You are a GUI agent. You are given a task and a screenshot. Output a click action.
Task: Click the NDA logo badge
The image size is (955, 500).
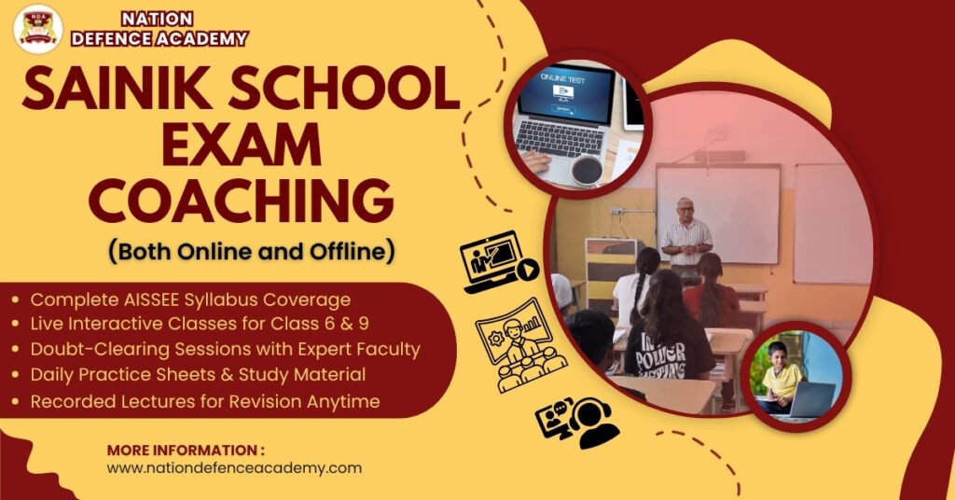click(37, 28)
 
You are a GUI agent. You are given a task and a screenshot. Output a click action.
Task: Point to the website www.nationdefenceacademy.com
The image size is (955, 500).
click(234, 468)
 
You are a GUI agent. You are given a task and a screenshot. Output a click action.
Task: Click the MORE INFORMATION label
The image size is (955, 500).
click(186, 449)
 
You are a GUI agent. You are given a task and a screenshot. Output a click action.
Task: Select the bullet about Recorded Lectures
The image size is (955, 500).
click(205, 402)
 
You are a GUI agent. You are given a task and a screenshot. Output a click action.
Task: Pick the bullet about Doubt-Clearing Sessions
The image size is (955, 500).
click(225, 350)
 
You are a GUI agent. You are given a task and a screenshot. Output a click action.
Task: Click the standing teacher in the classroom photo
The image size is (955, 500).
click(686, 238)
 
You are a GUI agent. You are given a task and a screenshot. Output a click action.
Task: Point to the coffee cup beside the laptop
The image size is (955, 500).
click(587, 169)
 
